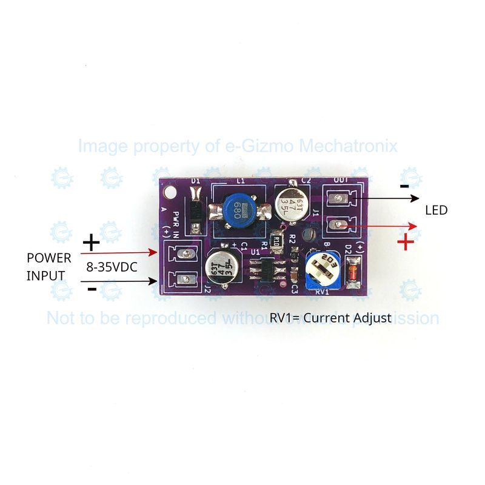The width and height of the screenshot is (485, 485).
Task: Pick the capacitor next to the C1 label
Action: pyautogui.click(x=222, y=268)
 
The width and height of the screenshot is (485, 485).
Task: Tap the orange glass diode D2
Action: pyautogui.click(x=352, y=271)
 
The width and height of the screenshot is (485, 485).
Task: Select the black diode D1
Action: pyautogui.click(x=195, y=210)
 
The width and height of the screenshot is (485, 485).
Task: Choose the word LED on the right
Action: pyautogui.click(x=436, y=210)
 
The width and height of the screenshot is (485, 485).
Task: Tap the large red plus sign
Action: pyautogui.click(x=405, y=242)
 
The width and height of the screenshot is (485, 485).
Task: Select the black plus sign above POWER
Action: pyautogui.click(x=91, y=244)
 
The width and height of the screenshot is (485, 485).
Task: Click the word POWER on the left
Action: pyautogui.click(x=48, y=258)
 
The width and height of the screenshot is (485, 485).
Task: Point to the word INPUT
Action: pyautogui.click(x=45, y=276)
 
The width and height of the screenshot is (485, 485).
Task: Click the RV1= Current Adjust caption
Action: pyautogui.click(x=330, y=318)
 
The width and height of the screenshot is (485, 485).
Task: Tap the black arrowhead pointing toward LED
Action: pyautogui.click(x=415, y=198)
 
